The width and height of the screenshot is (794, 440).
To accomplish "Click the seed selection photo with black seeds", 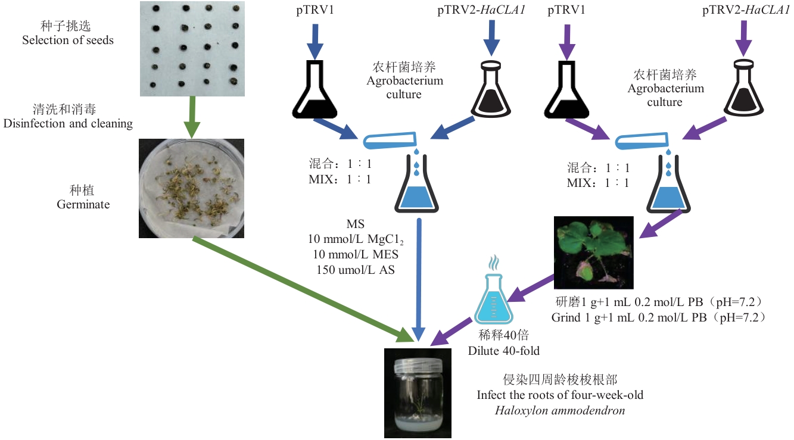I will [x=192, y=48].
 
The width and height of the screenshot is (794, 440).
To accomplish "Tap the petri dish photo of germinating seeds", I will [x=191, y=188].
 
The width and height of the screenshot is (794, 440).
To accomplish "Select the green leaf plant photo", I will [x=593, y=252].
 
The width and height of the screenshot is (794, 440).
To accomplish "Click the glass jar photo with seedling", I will [x=415, y=393].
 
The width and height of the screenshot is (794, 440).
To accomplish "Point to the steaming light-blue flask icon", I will [x=493, y=297].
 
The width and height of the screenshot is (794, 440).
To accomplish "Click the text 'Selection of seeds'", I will [x=68, y=40].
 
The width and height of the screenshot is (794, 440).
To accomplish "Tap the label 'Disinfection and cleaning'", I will [x=68, y=124].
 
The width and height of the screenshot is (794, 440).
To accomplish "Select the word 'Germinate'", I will [x=83, y=205].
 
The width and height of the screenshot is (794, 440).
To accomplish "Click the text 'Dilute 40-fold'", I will [x=504, y=351].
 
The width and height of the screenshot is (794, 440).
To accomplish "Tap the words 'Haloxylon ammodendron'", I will [x=561, y=410].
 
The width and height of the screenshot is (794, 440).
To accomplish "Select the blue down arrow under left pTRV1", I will [x=315, y=42].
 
